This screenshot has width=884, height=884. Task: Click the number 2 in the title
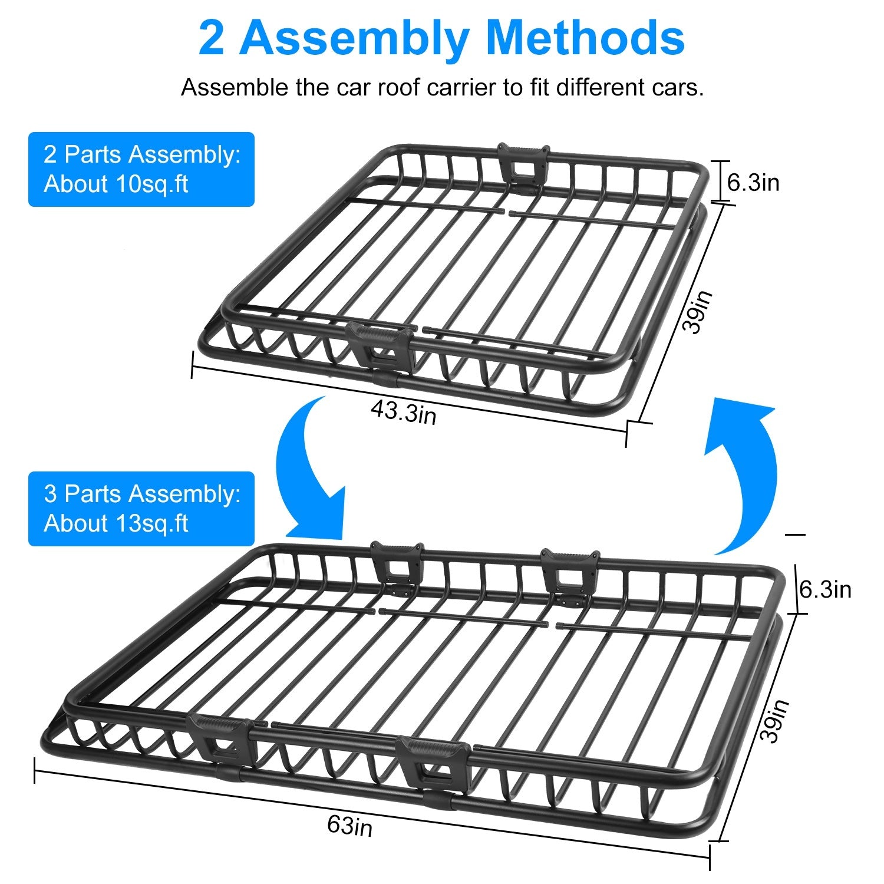click(x=212, y=38)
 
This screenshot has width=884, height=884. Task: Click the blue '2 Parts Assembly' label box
click(x=141, y=169)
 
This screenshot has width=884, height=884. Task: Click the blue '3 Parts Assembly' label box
click(x=141, y=509)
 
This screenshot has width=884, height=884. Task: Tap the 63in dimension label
click(x=350, y=826)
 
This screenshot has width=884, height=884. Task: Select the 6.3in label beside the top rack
click(x=753, y=183)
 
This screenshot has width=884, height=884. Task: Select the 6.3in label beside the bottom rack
click(x=825, y=589)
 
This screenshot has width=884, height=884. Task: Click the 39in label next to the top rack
click(x=698, y=312)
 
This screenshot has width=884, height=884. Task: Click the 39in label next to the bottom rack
click(x=774, y=721)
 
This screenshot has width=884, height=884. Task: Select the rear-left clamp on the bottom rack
click(x=396, y=566)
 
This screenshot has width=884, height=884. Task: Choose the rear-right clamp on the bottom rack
click(x=570, y=575)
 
